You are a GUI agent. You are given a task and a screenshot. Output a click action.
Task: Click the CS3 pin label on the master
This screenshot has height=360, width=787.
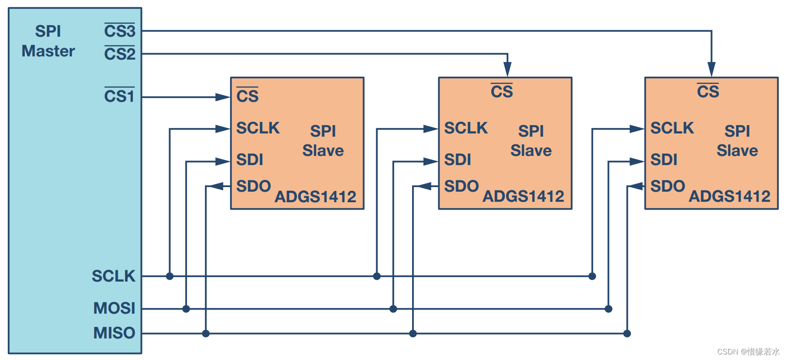tap(120, 31)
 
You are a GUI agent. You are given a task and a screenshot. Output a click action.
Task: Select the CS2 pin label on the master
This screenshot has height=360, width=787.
tap(120, 54)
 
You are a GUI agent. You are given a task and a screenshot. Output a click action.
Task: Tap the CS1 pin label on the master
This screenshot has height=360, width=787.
tap(119, 96)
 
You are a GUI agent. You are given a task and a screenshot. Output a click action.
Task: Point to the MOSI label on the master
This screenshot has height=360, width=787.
tap(114, 308)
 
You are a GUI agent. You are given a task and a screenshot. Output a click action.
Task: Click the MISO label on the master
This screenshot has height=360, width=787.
tap(114, 333)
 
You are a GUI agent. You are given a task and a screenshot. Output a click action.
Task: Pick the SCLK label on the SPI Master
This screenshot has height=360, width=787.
tap(113, 276)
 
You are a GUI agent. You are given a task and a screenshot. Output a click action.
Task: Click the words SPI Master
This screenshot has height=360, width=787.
tap(48, 41)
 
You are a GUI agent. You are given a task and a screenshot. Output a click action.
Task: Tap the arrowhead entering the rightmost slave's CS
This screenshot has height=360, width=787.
tap(711, 69)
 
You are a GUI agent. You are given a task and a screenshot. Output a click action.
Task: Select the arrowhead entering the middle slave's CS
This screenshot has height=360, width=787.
tap(507, 69)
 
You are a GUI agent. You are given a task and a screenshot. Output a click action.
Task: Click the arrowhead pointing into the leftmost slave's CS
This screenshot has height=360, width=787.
tap(223, 97)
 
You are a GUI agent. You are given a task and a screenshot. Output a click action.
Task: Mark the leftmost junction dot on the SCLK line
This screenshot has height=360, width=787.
tap(170, 276)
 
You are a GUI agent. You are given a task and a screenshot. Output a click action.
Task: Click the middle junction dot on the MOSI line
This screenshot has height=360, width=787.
tap(393, 309)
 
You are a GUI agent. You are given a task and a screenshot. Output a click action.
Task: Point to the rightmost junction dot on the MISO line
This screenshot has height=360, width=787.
tap(627, 333)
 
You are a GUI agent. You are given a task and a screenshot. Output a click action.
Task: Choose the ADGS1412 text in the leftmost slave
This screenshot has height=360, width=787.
tap(315, 197)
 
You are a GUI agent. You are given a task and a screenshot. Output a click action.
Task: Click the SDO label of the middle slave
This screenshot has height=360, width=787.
tap(461, 186)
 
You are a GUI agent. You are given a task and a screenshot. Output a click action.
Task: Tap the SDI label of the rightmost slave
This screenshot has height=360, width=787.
tap(663, 160)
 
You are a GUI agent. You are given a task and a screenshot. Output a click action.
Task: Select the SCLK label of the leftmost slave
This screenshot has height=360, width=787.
tap(258, 128)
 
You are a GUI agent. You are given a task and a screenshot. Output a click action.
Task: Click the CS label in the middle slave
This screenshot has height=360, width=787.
tap(501, 92)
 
